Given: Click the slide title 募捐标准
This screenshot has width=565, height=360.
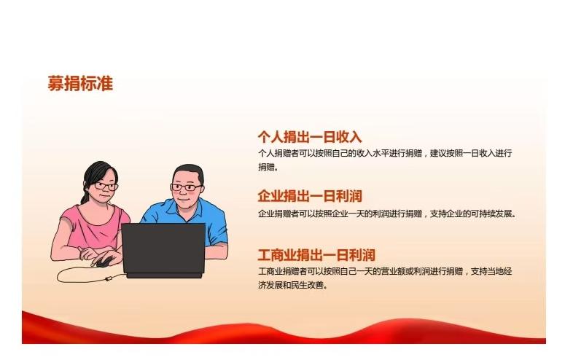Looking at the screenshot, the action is [80, 84].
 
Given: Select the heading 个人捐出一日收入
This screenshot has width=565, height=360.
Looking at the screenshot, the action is [310, 137].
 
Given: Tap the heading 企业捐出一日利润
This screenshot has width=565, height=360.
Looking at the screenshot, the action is [310, 196].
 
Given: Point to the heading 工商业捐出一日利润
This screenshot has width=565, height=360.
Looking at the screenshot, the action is [316, 255].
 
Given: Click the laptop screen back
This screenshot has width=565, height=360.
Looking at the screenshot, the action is [163, 249].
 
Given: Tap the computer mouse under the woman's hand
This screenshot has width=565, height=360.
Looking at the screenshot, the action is [104, 262].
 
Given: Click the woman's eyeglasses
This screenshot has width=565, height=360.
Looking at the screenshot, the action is [105, 186].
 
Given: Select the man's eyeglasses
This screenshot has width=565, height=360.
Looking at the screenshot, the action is [186, 187].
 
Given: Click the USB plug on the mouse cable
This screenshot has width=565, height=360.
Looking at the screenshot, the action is [109, 278].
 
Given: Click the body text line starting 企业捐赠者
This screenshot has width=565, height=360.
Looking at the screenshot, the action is [386, 214].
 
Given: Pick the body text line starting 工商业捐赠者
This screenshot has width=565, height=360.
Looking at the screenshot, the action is [385, 271].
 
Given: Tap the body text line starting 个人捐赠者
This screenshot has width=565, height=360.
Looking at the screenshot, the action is [385, 153].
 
